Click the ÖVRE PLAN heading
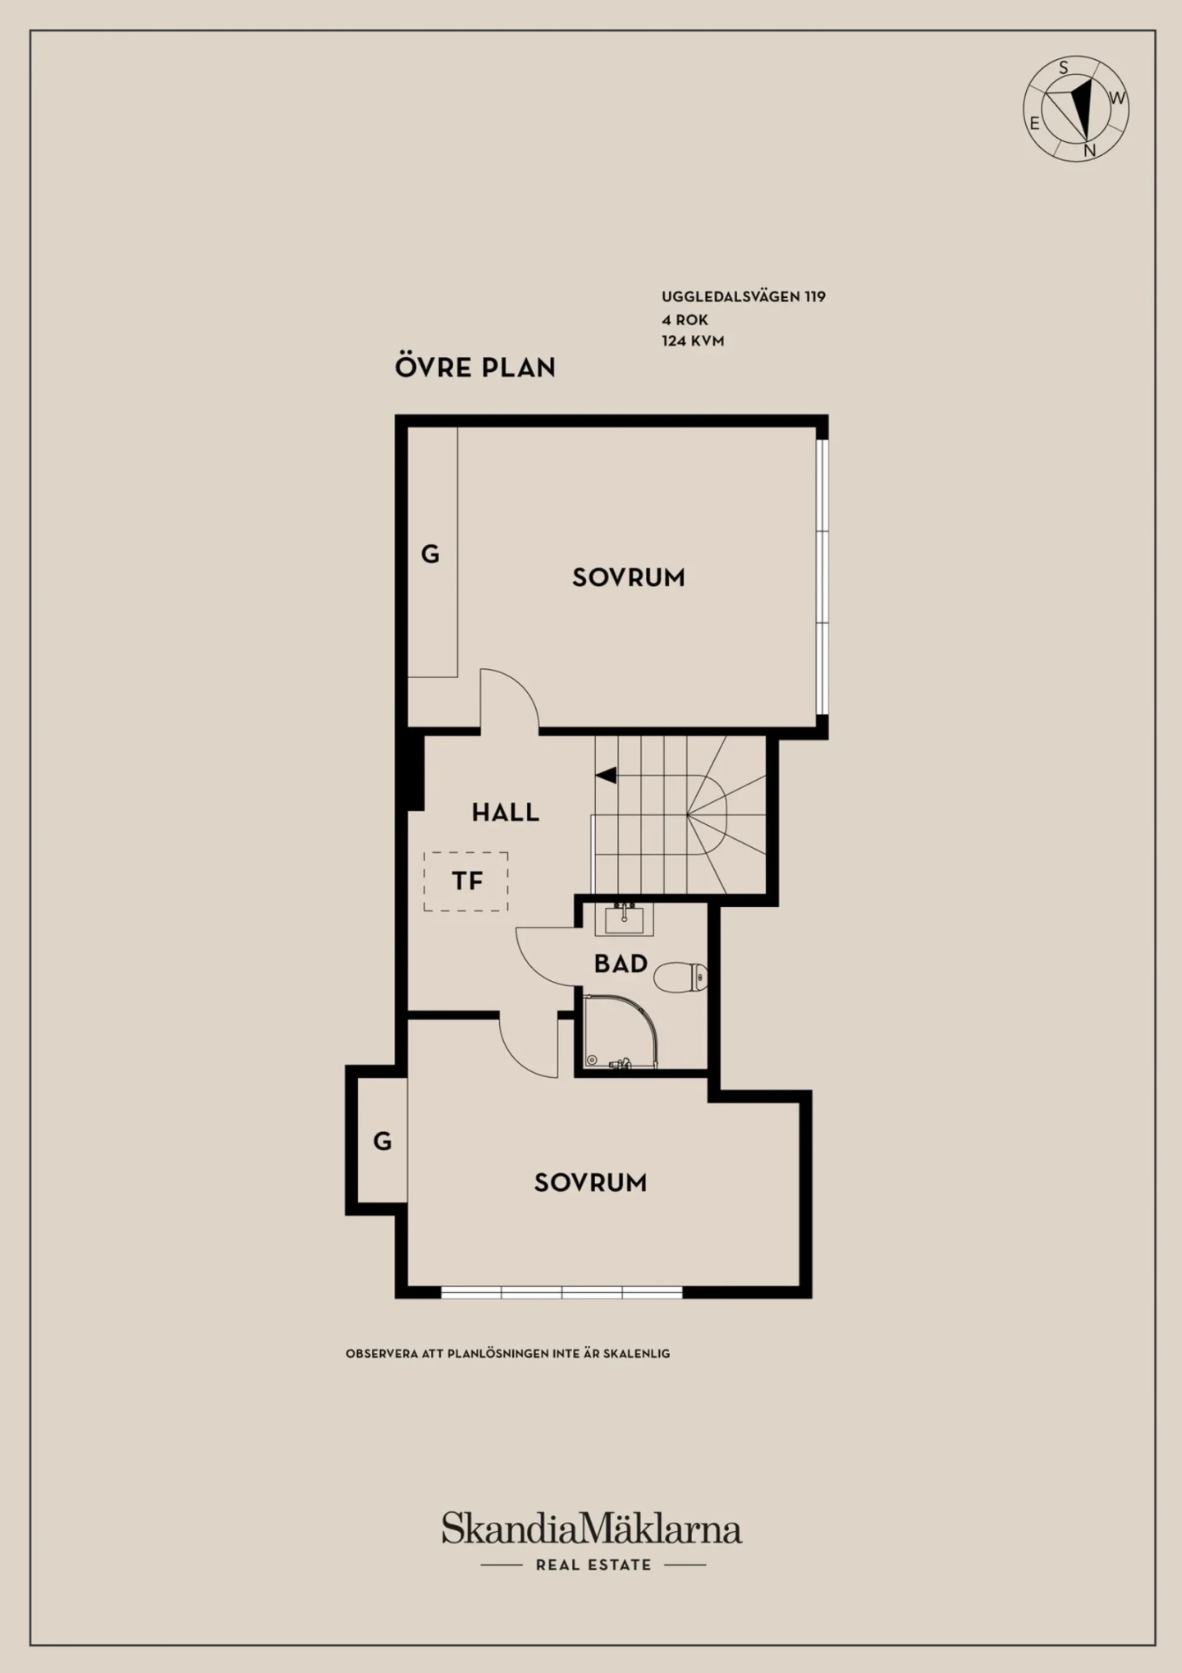[x=475, y=366]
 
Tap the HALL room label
[x=505, y=813]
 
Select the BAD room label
[x=621, y=964]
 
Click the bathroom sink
[x=625, y=919]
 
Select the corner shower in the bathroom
[x=621, y=1032]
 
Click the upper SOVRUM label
[x=628, y=578]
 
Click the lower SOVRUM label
[x=590, y=1183]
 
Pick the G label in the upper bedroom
[x=430, y=555]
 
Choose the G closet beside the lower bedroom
[x=383, y=1141]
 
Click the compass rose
[x=1075, y=108]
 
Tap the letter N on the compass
[x=1089, y=151]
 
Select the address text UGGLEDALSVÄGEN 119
[x=744, y=296]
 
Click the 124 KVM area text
[x=693, y=341]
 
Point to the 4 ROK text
[x=685, y=319]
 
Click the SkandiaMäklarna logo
[x=592, y=1528]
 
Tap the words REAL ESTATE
[x=593, y=1565]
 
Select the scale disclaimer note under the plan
[x=507, y=1354]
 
